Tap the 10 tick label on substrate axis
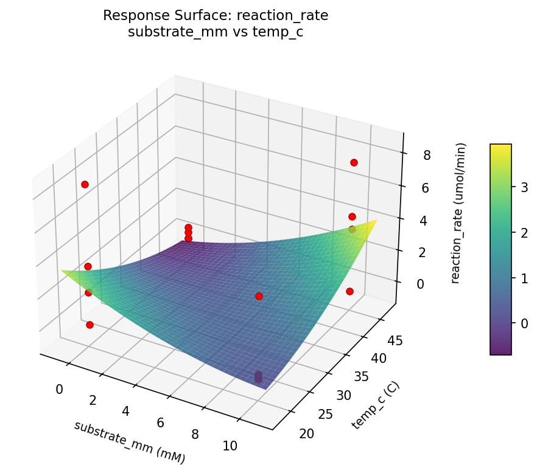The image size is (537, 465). pyautogui.click(x=230, y=446)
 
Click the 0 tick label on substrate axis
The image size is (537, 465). pyautogui.click(x=60, y=389)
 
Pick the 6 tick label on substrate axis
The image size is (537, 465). pyautogui.click(x=160, y=422)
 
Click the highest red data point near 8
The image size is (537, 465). pyautogui.click(x=354, y=162)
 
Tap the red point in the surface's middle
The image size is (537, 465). pyautogui.click(x=259, y=296)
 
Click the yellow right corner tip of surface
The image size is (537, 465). pyautogui.click(x=376, y=221)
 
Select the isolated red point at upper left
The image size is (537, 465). pyautogui.click(x=85, y=184)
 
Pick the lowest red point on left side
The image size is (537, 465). pyautogui.click(x=89, y=325)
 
